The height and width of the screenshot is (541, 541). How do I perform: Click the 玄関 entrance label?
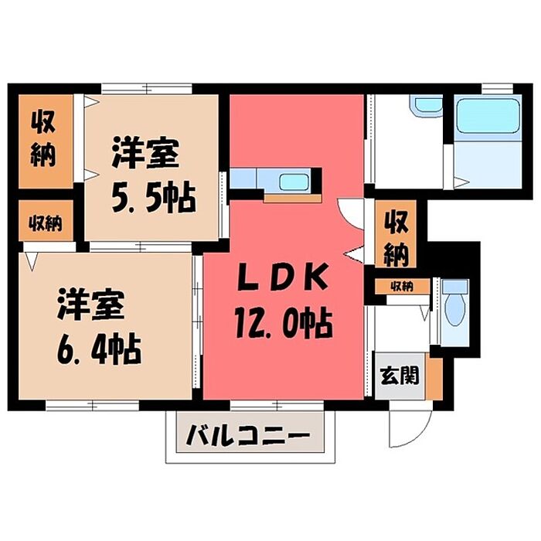pos(400,376)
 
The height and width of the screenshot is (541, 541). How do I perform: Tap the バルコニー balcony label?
pos(248,435)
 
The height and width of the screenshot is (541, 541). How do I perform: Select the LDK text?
pos(282,277)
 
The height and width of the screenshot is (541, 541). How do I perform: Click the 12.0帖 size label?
pos(284,323)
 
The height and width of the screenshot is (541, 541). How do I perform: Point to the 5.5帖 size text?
pos(154,199)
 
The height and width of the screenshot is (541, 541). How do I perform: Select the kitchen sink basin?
pos(293,182)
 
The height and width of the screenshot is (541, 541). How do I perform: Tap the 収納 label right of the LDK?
pos(396,239)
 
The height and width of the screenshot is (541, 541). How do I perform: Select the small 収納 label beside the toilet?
pos(402,287)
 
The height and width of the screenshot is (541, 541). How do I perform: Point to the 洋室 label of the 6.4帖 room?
pos(90,305)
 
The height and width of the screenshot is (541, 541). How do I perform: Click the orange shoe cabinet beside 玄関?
pos(434,379)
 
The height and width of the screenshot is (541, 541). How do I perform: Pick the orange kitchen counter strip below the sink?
pos(293,199)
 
